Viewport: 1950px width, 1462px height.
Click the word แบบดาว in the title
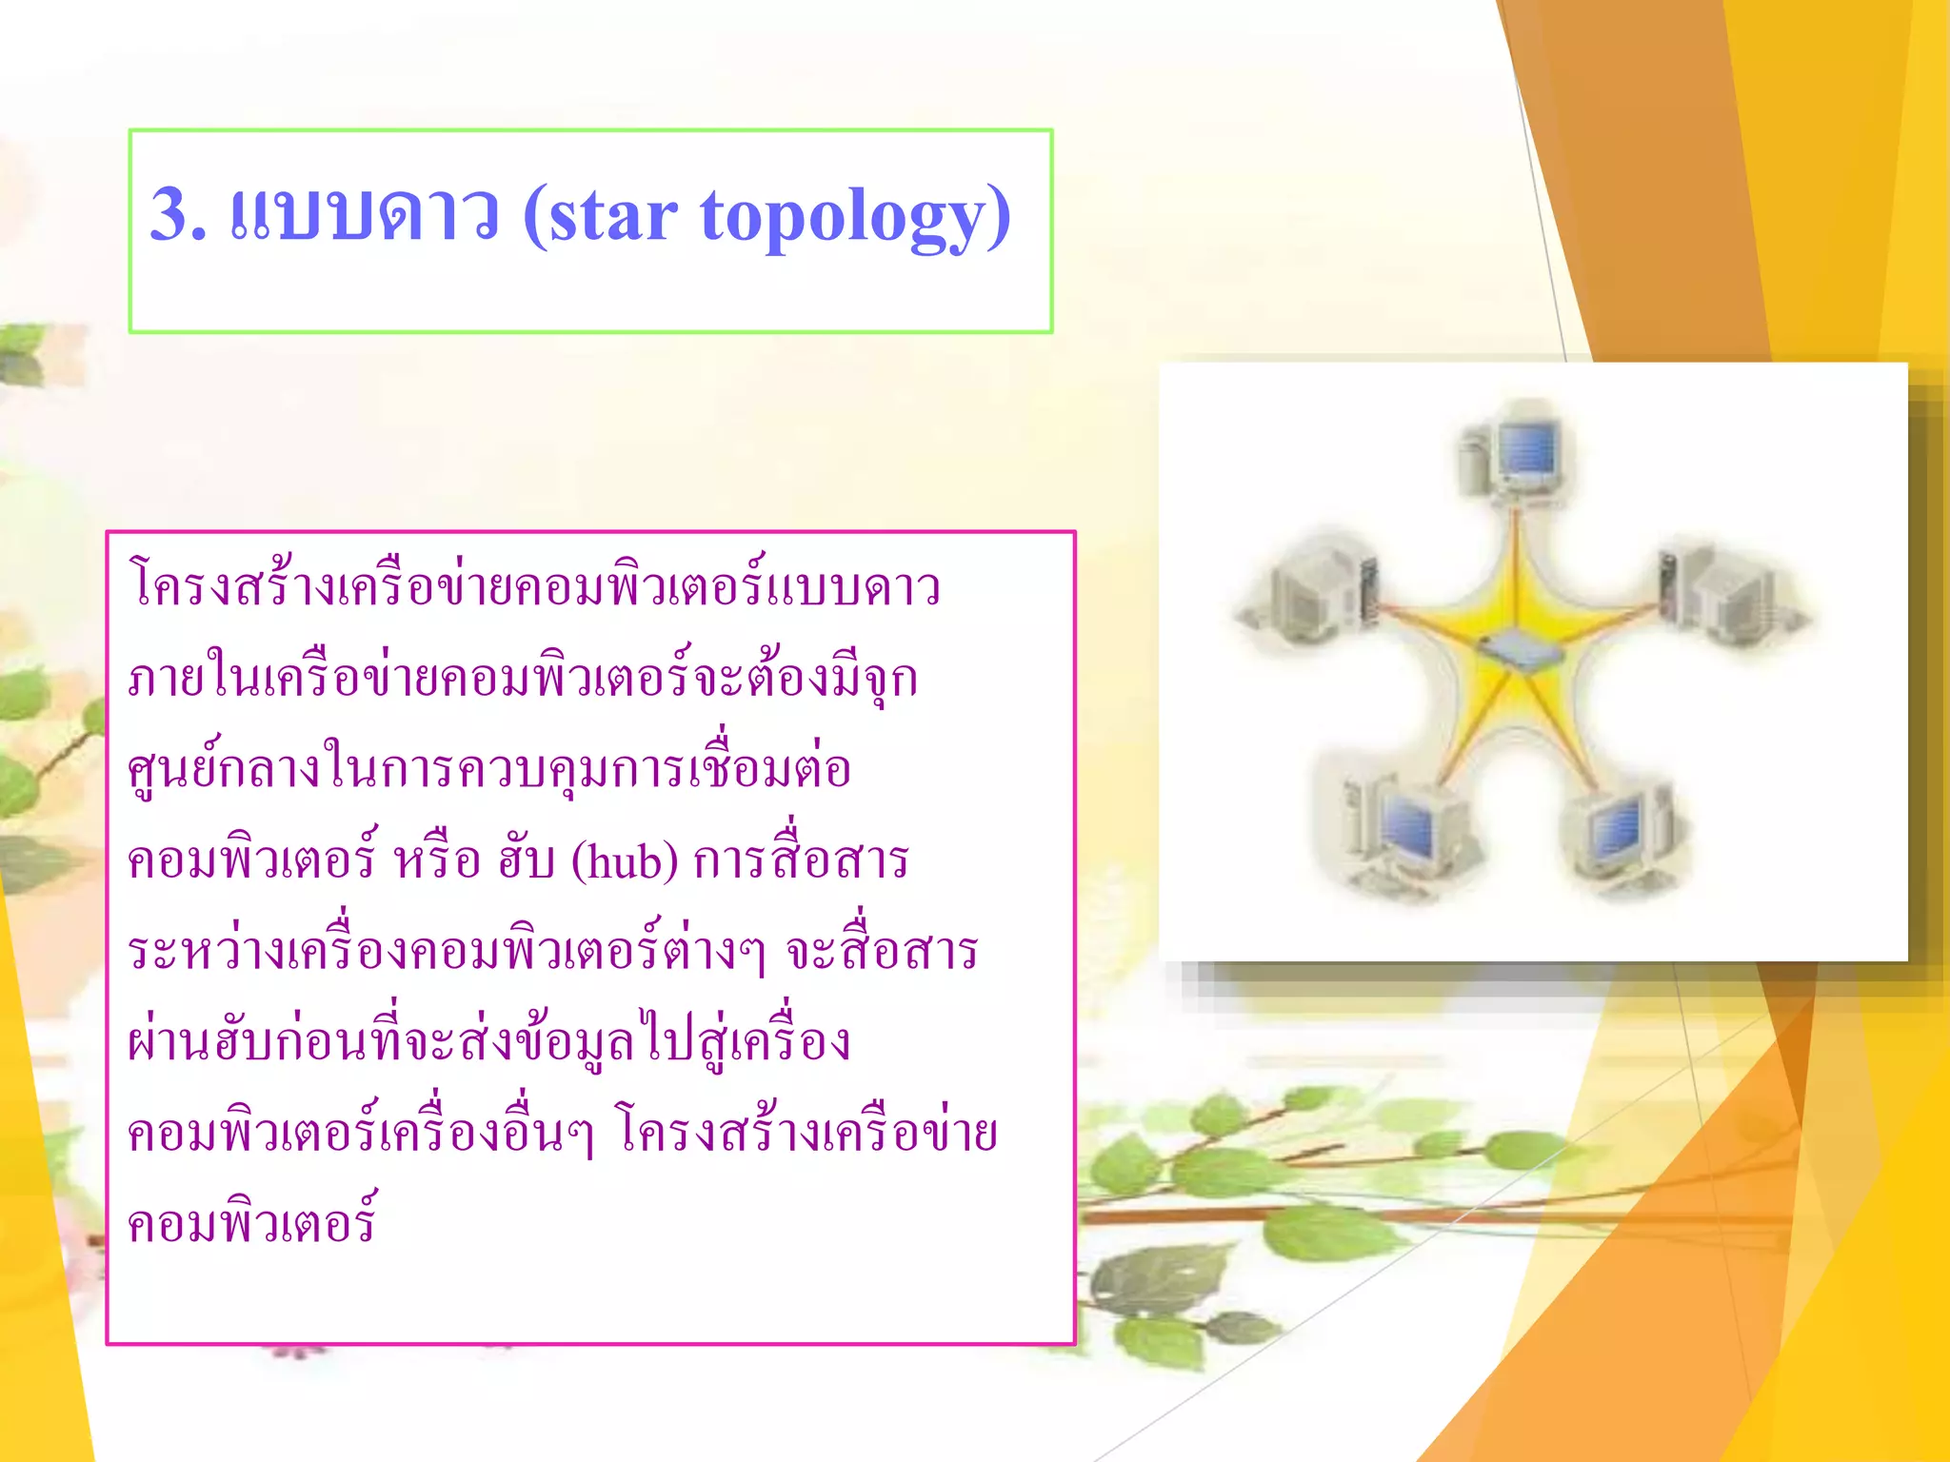pyautogui.click(x=364, y=214)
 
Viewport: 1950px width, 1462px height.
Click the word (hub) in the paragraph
pyautogui.click(x=625, y=862)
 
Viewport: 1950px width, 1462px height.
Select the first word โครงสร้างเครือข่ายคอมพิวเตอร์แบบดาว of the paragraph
pyautogui.click(x=534, y=584)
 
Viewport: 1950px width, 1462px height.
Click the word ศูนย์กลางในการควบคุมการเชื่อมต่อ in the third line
pyautogui.click(x=489, y=768)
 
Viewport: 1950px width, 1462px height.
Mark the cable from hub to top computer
pyautogui.click(x=1518, y=571)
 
